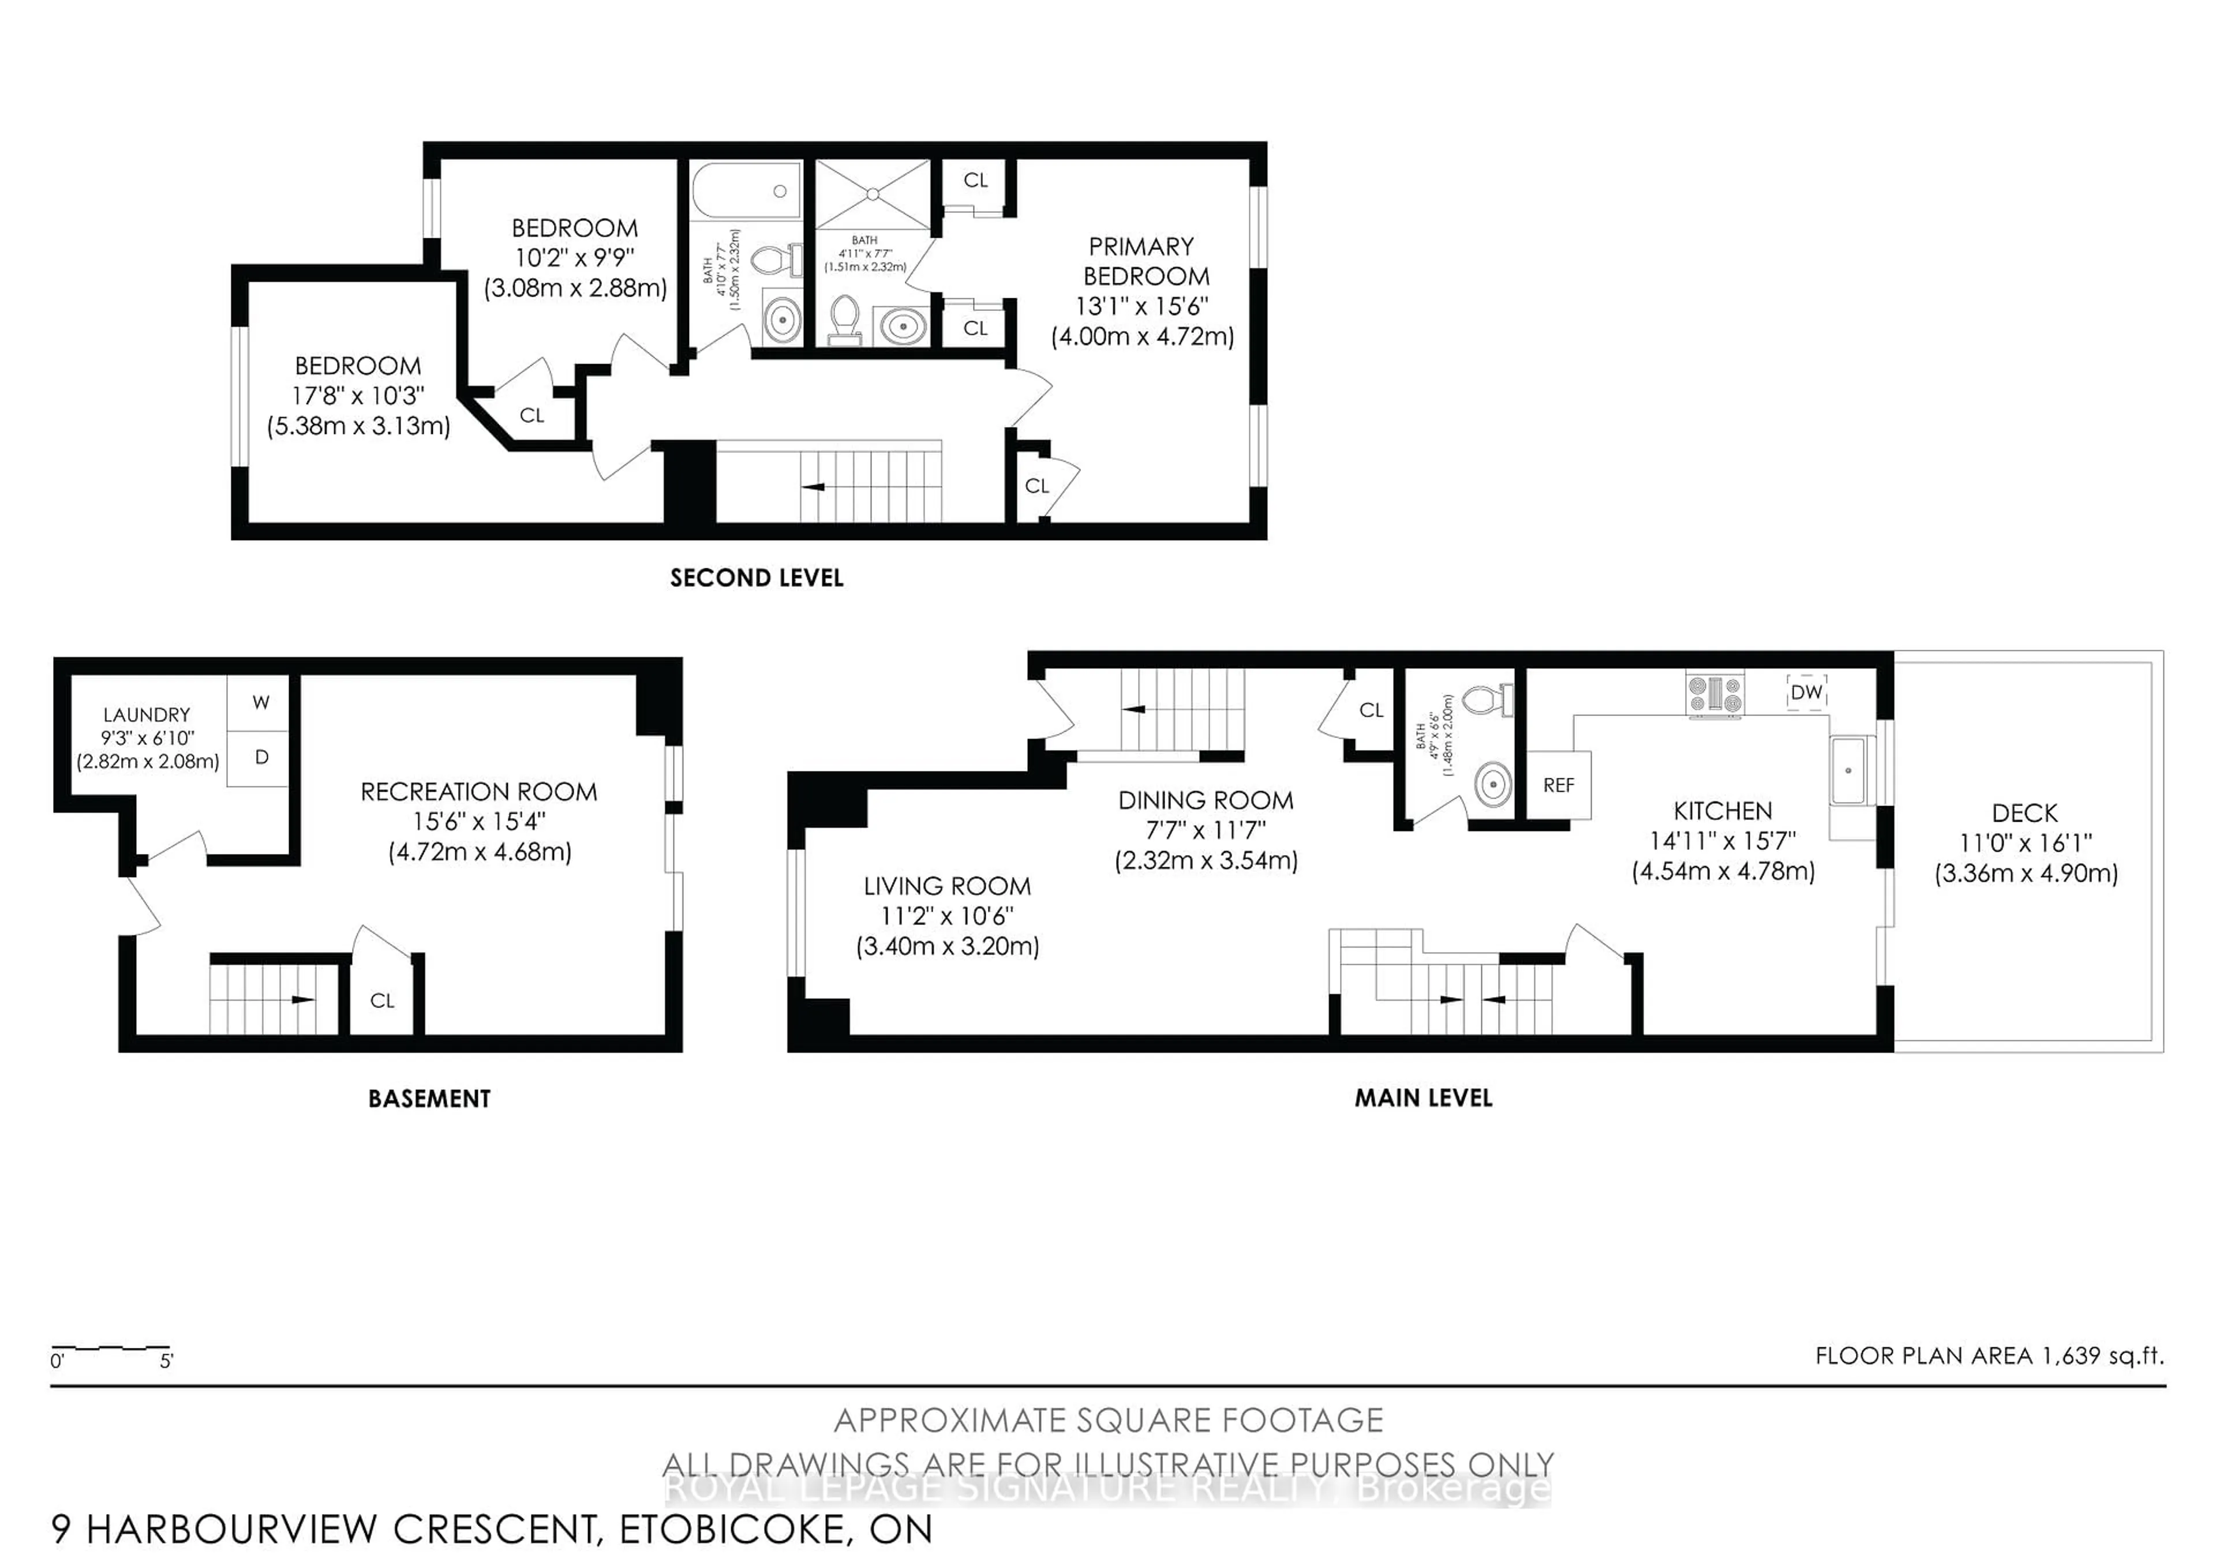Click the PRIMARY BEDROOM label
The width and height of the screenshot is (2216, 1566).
click(x=1145, y=261)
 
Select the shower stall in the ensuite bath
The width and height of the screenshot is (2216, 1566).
click(x=873, y=194)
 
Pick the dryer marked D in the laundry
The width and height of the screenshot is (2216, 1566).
click(x=261, y=758)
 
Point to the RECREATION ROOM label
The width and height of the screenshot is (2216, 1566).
click(x=479, y=792)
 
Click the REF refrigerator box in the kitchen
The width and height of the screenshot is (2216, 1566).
click(x=1558, y=785)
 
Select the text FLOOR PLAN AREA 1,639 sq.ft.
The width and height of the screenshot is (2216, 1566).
click(x=1989, y=1355)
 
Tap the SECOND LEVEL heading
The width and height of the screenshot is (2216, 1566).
click(x=757, y=578)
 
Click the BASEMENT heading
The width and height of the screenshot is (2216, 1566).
click(x=429, y=1099)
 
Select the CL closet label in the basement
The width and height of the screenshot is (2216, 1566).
click(x=382, y=1001)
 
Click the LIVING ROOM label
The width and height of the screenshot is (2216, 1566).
click(x=947, y=886)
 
